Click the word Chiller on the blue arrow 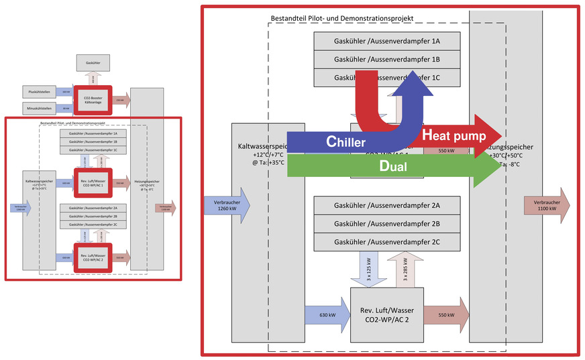(345, 141)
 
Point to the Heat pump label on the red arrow (454, 135)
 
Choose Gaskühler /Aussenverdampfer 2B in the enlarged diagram (386, 223)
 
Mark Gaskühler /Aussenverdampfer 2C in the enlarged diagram (386, 241)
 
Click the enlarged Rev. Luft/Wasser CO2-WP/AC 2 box (386, 314)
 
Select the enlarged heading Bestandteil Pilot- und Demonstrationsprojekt (342, 17)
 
